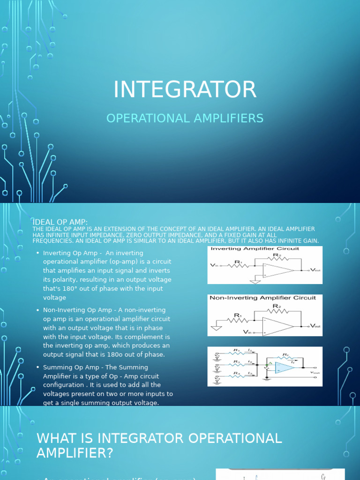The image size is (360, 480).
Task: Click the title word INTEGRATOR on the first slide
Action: point(185,90)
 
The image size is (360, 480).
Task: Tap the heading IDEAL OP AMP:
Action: point(60,222)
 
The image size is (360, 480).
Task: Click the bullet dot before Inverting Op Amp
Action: point(37,253)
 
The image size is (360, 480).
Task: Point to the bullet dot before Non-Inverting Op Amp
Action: point(37,310)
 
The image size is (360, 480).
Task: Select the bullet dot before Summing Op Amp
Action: point(37,367)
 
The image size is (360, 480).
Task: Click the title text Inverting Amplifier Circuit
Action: point(255,249)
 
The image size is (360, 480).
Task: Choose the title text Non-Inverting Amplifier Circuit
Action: point(262,298)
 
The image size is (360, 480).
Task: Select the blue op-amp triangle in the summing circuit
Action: point(284,368)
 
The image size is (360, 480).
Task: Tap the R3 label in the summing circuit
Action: point(237,373)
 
